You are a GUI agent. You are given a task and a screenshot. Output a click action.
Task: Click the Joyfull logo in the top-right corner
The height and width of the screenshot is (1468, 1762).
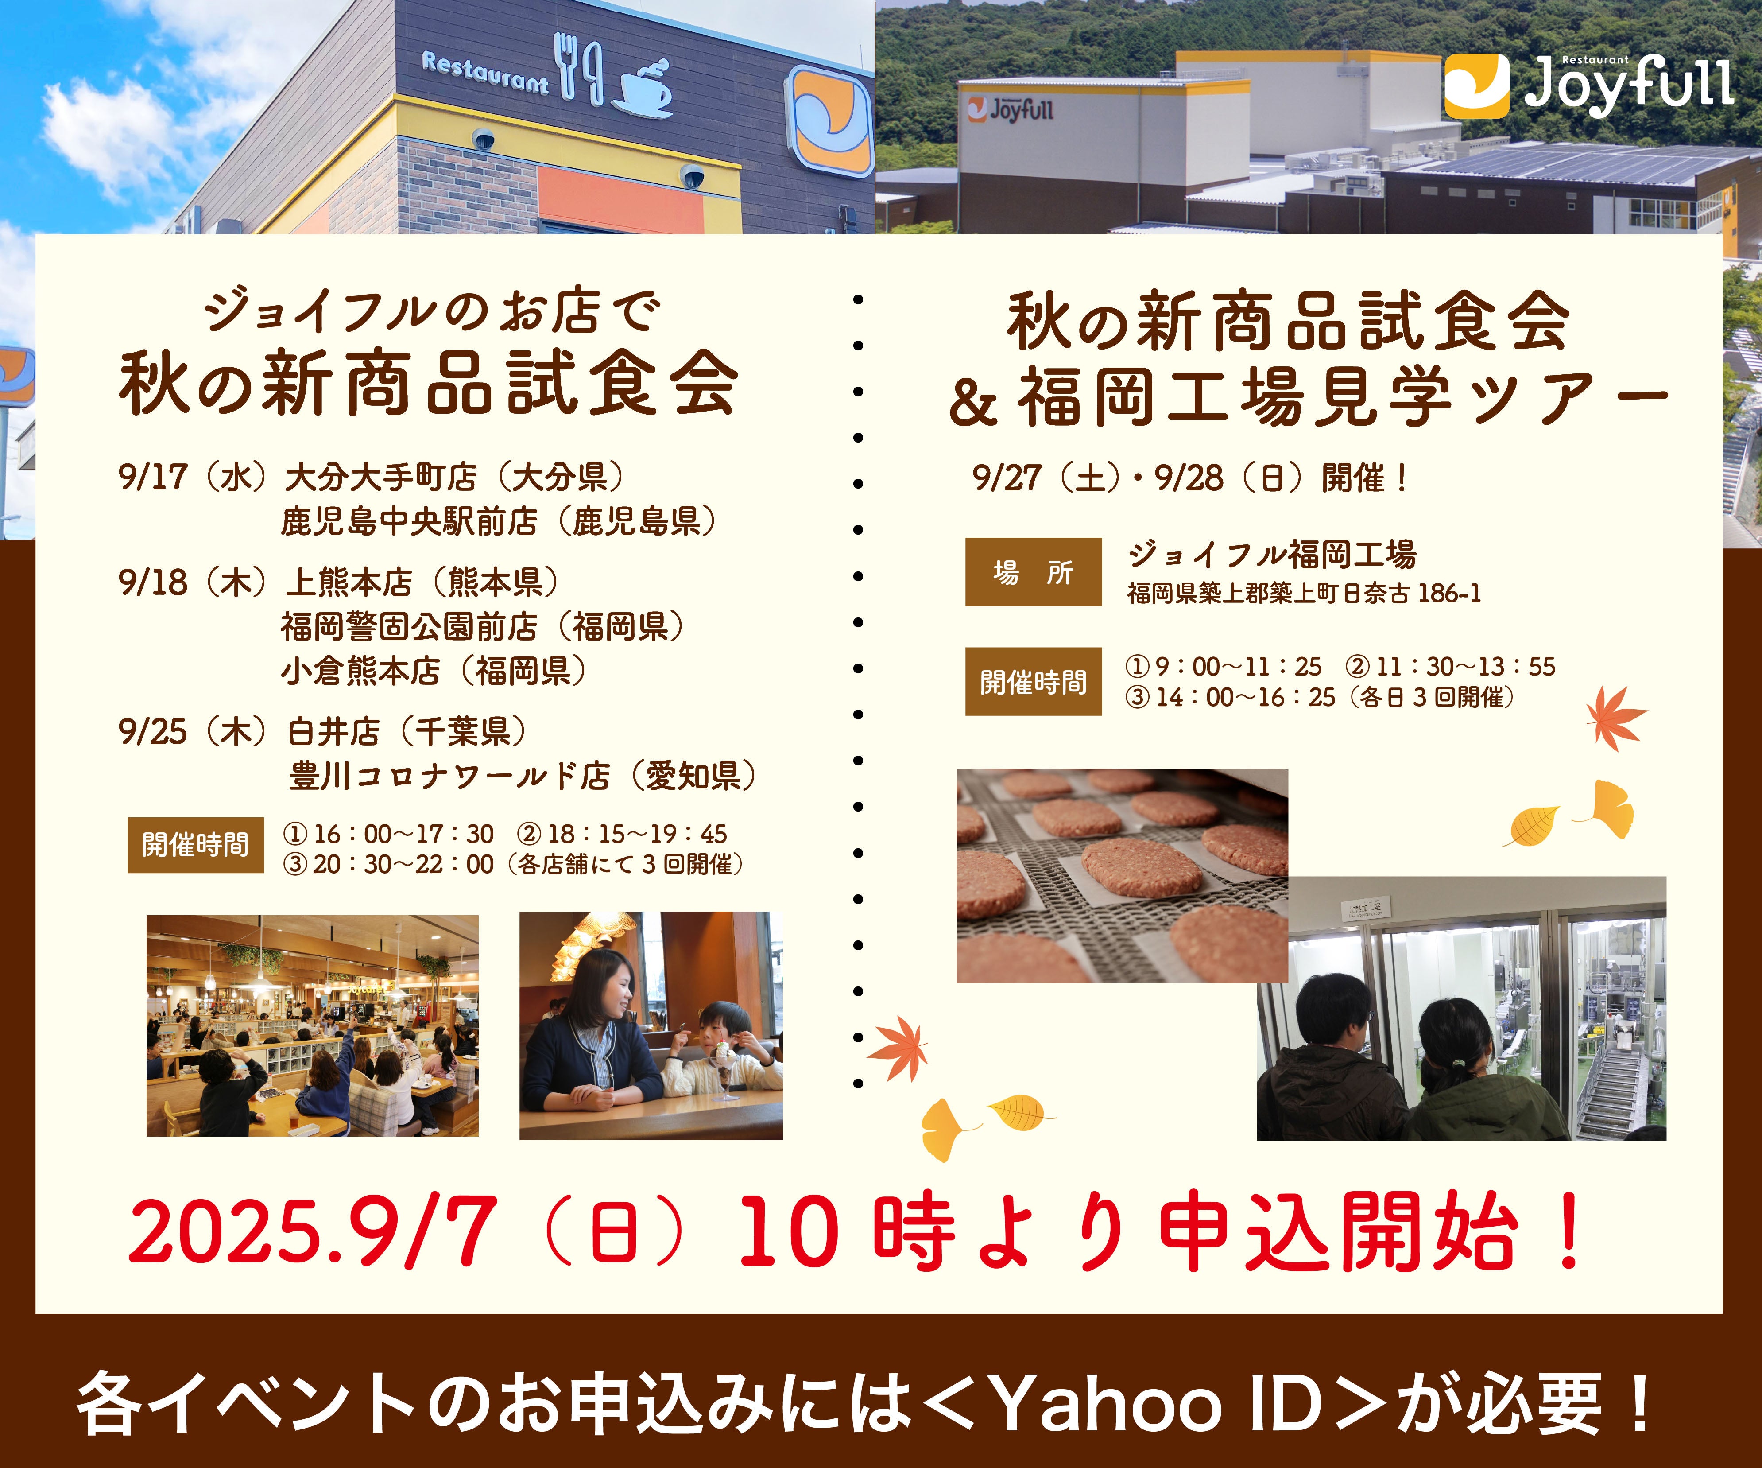click(1588, 85)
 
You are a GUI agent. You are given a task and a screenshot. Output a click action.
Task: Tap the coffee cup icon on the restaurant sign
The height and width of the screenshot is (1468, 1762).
click(643, 88)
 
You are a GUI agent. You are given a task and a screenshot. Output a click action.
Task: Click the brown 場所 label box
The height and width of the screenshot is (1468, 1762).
click(1033, 571)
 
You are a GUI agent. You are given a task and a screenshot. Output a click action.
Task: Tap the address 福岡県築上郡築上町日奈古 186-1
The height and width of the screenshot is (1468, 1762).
click(1304, 594)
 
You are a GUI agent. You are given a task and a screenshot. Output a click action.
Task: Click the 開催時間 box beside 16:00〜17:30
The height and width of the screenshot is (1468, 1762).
click(195, 844)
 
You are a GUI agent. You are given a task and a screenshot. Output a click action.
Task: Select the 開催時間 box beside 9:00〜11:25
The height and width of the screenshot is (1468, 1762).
click(1033, 682)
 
